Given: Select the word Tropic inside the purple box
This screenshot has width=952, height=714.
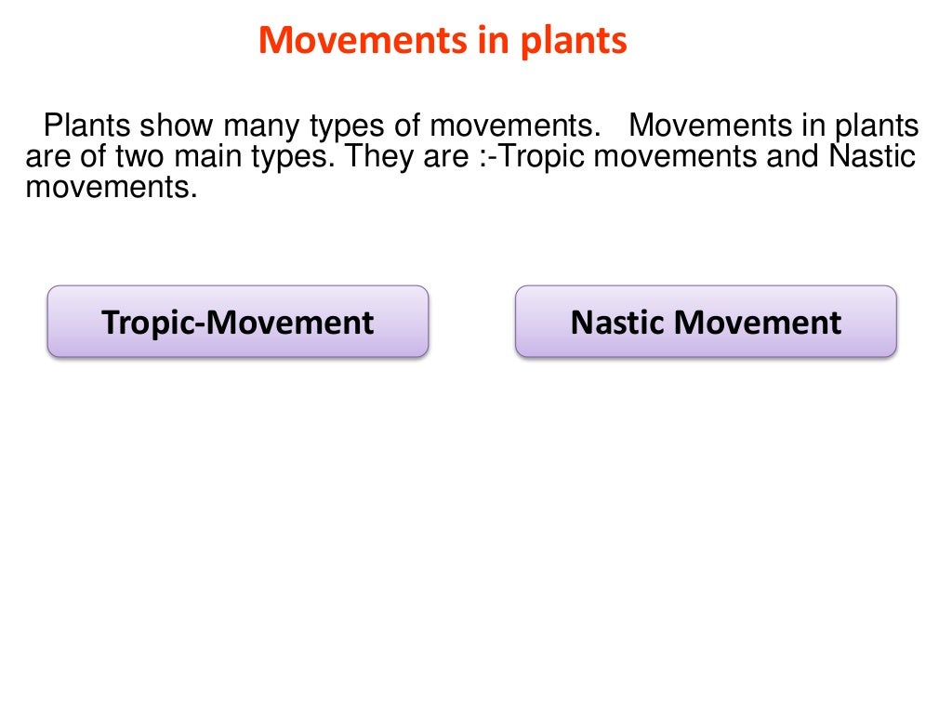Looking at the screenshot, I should (x=151, y=322).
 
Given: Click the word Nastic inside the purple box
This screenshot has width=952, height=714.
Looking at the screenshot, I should (x=618, y=322).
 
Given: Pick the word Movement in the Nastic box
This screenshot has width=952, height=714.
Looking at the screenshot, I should (x=758, y=322).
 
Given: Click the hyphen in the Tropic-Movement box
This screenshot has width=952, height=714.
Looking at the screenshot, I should (x=203, y=324).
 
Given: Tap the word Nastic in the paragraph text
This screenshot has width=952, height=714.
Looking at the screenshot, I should (x=872, y=157).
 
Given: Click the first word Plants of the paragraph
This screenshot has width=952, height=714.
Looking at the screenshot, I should (x=88, y=126).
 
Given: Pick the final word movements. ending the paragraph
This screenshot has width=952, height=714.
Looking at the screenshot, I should (x=112, y=188).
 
